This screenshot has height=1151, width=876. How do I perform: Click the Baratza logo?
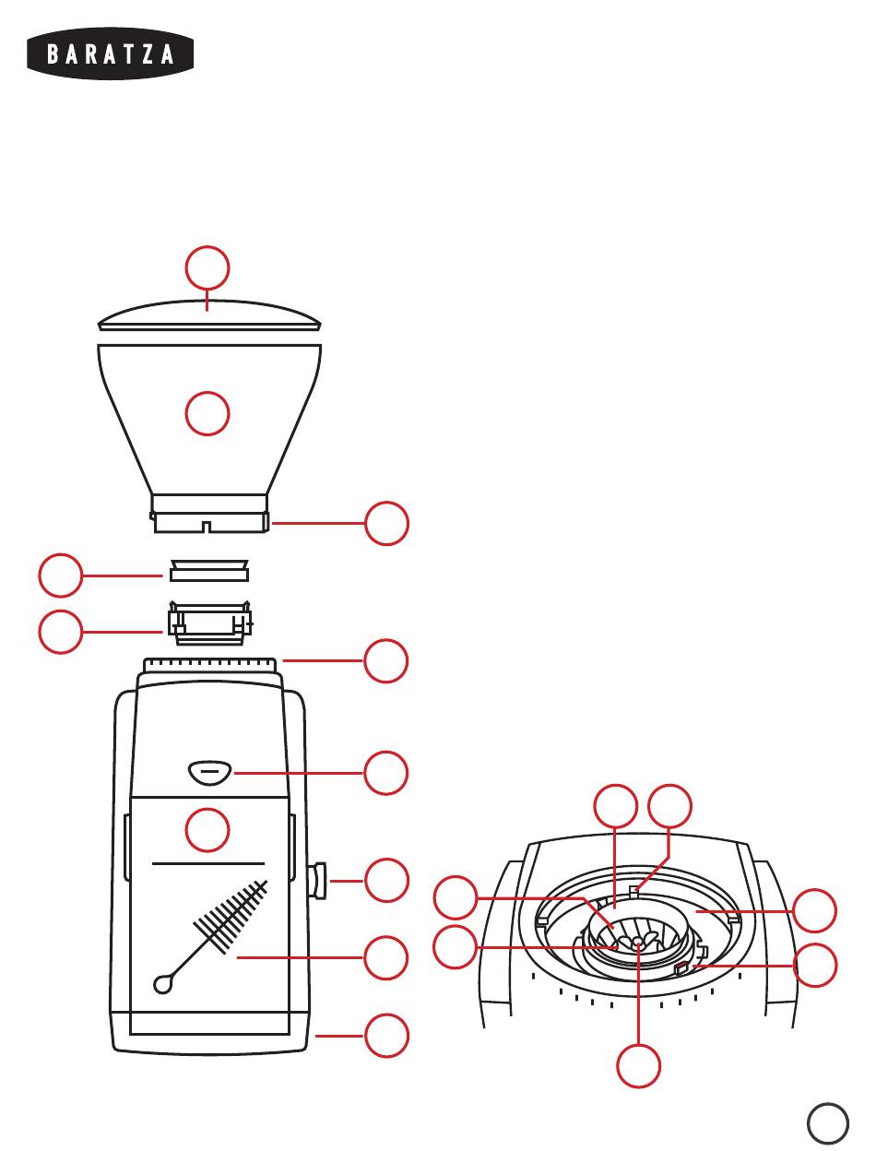111,54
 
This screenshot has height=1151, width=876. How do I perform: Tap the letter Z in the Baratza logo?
148,54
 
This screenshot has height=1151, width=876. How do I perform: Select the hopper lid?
209,316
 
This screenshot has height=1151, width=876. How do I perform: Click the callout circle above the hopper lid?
207,267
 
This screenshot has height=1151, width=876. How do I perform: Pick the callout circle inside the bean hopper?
207,413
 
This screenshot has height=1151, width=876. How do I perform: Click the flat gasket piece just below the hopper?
209,570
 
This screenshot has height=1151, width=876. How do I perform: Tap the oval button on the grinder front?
210,770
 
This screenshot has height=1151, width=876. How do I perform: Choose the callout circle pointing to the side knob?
386,881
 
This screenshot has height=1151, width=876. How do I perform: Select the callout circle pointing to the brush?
386,958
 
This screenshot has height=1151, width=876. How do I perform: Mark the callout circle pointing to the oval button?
386,773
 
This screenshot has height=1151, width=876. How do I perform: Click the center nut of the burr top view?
636,942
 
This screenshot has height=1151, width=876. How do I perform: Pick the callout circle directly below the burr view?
639,1065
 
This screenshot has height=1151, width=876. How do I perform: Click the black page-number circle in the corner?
828,1123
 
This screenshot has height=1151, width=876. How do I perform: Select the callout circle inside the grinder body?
207,830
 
